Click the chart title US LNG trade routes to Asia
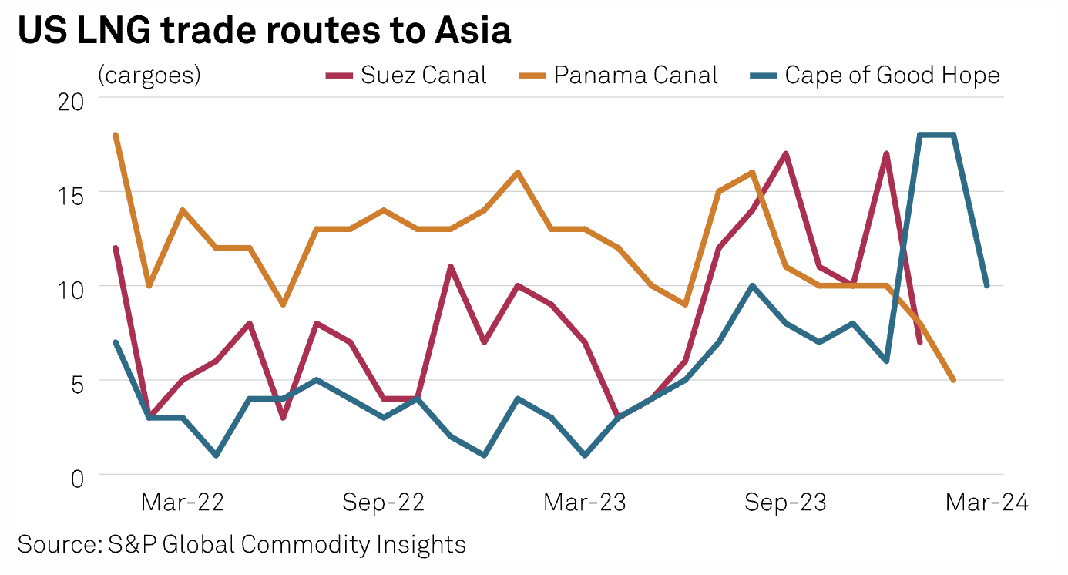[x=264, y=31]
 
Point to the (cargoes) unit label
[x=149, y=76]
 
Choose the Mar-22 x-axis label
[x=183, y=503]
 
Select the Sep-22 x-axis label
[x=384, y=503]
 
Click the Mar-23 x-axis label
[x=585, y=503]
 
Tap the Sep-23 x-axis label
[x=785, y=503]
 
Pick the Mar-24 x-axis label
[x=987, y=503]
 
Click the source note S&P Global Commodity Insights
[x=241, y=544]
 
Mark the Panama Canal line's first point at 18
[x=116, y=135]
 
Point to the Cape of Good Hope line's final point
[x=986, y=286]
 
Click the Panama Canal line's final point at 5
[x=953, y=380]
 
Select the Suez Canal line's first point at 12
[x=116, y=248]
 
